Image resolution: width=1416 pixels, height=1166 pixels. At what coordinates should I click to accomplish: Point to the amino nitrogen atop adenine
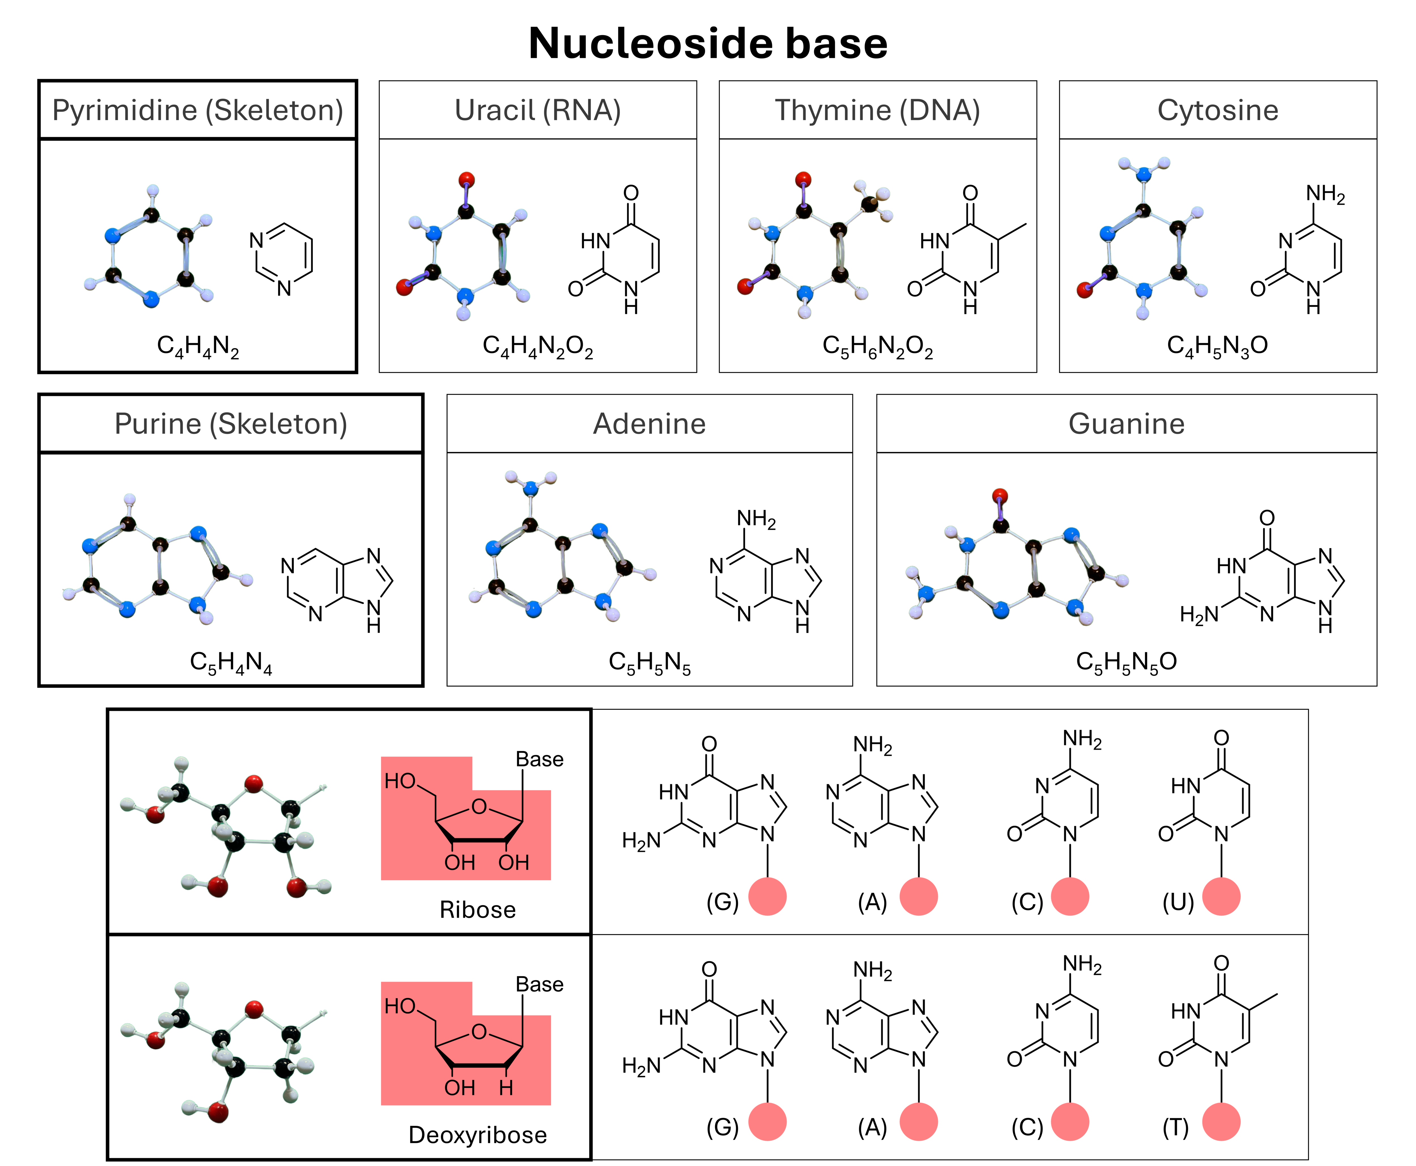point(530,488)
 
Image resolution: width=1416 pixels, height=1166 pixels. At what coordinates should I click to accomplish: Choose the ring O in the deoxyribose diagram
point(479,1032)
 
